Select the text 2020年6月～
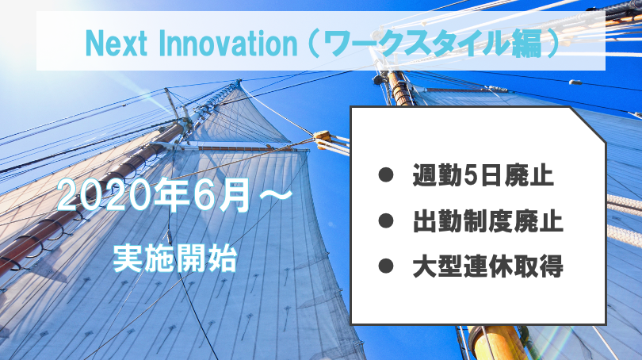click(x=175, y=195)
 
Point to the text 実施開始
click(x=175, y=258)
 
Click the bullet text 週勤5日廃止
click(x=483, y=175)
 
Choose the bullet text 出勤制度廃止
click(x=488, y=221)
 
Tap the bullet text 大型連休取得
click(x=488, y=266)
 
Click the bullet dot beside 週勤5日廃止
click(x=386, y=174)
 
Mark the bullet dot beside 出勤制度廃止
click(x=386, y=220)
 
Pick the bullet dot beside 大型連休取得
click(x=386, y=266)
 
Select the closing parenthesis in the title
click(x=553, y=43)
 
